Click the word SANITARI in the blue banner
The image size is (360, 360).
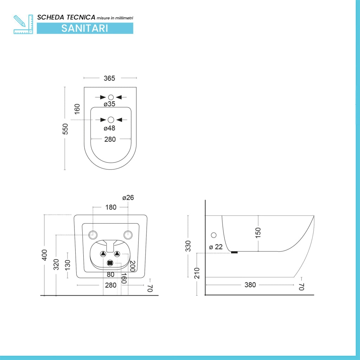pos(85,28)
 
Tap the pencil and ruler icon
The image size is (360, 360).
pos(23,24)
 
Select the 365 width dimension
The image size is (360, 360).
pos(109,78)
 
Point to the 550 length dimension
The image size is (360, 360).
pos(65,129)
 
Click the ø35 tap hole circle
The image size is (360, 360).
pos(111,97)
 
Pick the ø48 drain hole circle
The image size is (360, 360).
pos(111,120)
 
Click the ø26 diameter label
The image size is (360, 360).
pos(128,198)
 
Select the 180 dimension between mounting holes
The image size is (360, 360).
pos(111,207)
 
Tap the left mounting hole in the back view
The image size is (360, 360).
pos(93,235)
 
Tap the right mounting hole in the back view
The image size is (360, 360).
pos(128,235)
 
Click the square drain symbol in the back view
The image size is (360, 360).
pos(110,262)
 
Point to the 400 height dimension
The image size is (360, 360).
pos(44,255)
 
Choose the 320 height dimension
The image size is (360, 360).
pos(56,264)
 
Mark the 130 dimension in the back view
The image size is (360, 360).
pos(67,265)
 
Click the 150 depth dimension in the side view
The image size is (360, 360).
pos(258,233)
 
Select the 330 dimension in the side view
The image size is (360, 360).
pos(188,246)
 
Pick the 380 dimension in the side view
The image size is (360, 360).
pos(250,285)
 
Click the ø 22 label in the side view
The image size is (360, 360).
pos(216,247)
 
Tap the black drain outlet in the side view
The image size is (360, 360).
pos(234,252)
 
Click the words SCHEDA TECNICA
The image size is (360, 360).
pos(66,17)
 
